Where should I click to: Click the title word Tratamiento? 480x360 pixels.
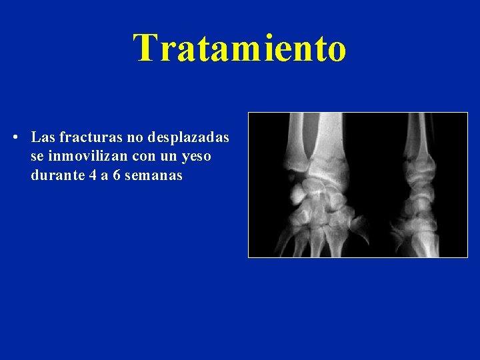click(240, 48)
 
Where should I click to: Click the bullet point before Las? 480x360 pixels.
click(15, 138)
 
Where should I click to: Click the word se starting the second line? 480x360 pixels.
click(37, 157)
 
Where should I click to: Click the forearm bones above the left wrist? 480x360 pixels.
click(313, 133)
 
